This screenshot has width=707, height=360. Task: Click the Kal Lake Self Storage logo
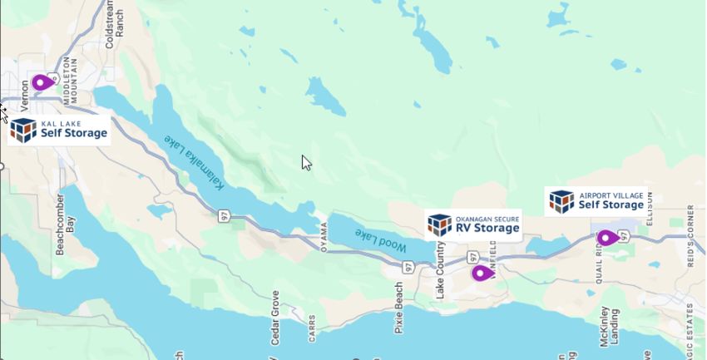click(x=58, y=130)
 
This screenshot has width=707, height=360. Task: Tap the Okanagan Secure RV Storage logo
click(x=474, y=224)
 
